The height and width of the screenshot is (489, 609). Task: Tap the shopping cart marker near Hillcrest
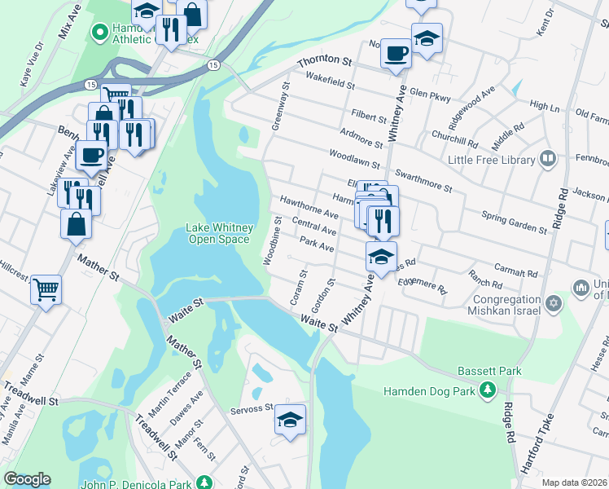click(46, 288)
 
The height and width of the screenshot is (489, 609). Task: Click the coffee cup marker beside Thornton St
click(396, 54)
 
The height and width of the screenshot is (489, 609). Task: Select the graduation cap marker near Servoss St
click(290, 419)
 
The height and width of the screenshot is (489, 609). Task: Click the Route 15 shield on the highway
click(212, 64)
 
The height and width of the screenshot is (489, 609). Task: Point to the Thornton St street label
click(323, 61)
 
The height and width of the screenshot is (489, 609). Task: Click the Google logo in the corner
click(27, 478)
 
